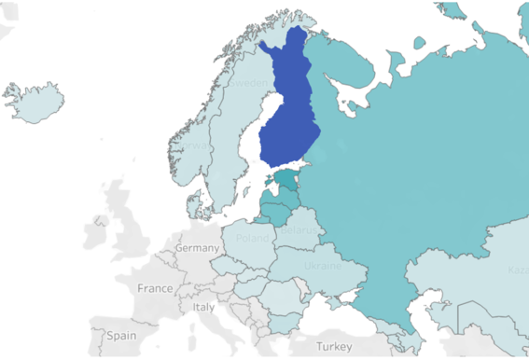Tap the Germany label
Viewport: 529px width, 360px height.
pos(197,249)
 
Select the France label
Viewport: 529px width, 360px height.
pos(155,288)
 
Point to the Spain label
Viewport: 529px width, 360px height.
pos(120,334)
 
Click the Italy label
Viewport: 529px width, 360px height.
pos(203,307)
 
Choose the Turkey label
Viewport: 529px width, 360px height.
pos(334,346)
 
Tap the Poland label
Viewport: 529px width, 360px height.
pos(252,237)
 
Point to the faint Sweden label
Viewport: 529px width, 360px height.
pos(248,83)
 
